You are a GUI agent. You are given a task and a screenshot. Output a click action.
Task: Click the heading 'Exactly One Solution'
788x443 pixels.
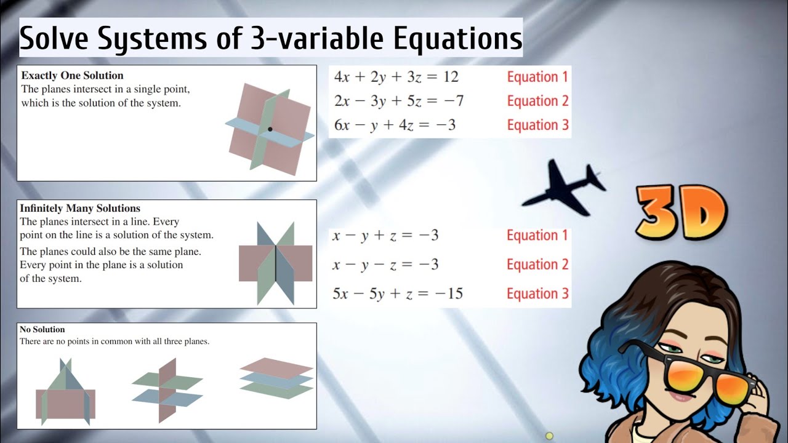point(72,76)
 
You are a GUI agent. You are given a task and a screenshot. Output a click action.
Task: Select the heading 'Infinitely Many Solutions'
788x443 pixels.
point(80,209)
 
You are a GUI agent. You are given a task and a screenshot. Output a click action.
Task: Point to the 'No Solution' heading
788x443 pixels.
point(42,329)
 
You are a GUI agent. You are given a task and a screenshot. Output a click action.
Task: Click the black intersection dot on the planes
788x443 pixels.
point(270,129)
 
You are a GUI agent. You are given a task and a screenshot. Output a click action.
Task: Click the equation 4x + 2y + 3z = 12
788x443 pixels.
point(396,77)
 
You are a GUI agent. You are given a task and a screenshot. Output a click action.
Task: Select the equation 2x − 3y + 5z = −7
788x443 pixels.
point(398,101)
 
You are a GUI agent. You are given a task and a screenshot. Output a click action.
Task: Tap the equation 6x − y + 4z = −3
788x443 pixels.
point(395,125)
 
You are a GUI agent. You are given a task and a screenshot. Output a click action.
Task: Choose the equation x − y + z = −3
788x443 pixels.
point(385,235)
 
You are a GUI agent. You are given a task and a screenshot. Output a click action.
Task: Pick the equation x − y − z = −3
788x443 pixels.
point(385,265)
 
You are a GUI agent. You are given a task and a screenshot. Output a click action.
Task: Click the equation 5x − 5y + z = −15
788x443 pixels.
point(397,293)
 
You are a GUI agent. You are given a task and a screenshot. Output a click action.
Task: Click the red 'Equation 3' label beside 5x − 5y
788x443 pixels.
point(537,294)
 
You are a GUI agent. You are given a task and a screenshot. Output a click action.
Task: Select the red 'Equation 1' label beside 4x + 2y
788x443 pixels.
point(537,77)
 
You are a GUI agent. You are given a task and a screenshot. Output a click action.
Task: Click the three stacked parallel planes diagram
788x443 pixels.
point(276,378)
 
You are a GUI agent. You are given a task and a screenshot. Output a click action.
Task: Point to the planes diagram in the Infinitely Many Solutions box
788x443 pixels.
point(275,263)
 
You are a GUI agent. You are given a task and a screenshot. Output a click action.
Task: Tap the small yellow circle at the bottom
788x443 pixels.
point(549,436)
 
